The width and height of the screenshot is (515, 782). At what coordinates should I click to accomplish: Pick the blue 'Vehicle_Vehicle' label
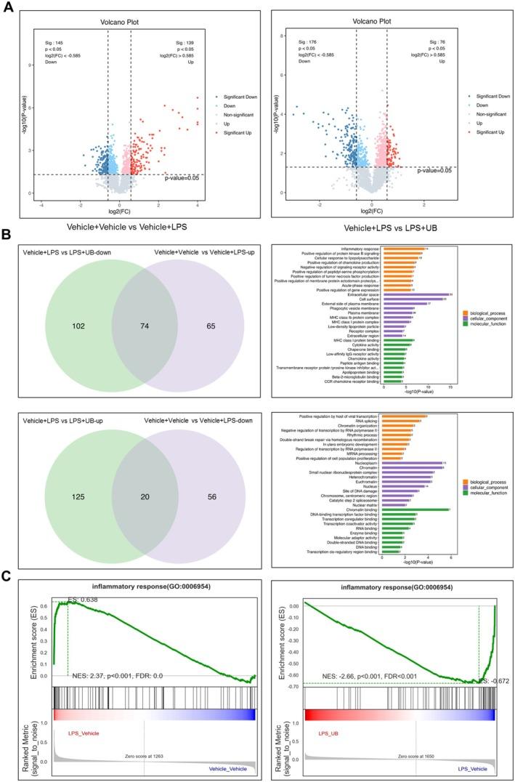pos(229,770)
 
